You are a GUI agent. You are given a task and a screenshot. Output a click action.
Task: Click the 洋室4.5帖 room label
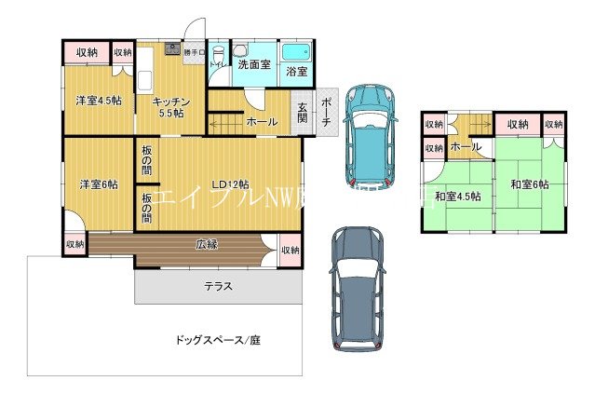(98, 102)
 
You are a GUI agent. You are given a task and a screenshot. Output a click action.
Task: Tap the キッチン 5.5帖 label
(171, 107)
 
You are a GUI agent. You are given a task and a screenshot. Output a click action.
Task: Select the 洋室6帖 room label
(98, 184)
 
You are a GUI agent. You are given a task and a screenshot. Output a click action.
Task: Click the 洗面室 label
(252, 65)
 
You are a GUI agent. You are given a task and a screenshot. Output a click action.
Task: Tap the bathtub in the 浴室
(299, 52)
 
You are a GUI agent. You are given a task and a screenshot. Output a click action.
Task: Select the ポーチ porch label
(327, 111)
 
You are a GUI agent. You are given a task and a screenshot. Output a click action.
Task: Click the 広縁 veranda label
(207, 246)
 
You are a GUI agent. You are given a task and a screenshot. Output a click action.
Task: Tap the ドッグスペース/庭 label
(217, 340)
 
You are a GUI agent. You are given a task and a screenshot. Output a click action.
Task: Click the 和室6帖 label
(527, 185)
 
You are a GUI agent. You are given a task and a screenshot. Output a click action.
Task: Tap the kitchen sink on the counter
(171, 49)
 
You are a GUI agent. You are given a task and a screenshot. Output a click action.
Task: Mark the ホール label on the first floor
(262, 122)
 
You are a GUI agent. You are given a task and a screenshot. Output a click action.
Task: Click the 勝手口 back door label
(195, 52)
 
